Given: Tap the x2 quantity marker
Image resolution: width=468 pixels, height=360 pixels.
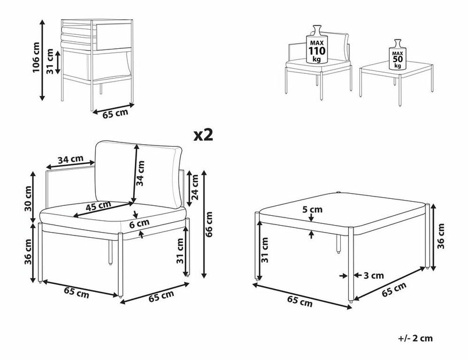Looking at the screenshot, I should (203, 136).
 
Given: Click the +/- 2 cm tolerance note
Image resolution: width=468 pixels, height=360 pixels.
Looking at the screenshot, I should (416, 338).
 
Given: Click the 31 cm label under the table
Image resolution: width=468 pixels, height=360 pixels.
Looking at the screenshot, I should (266, 251).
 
